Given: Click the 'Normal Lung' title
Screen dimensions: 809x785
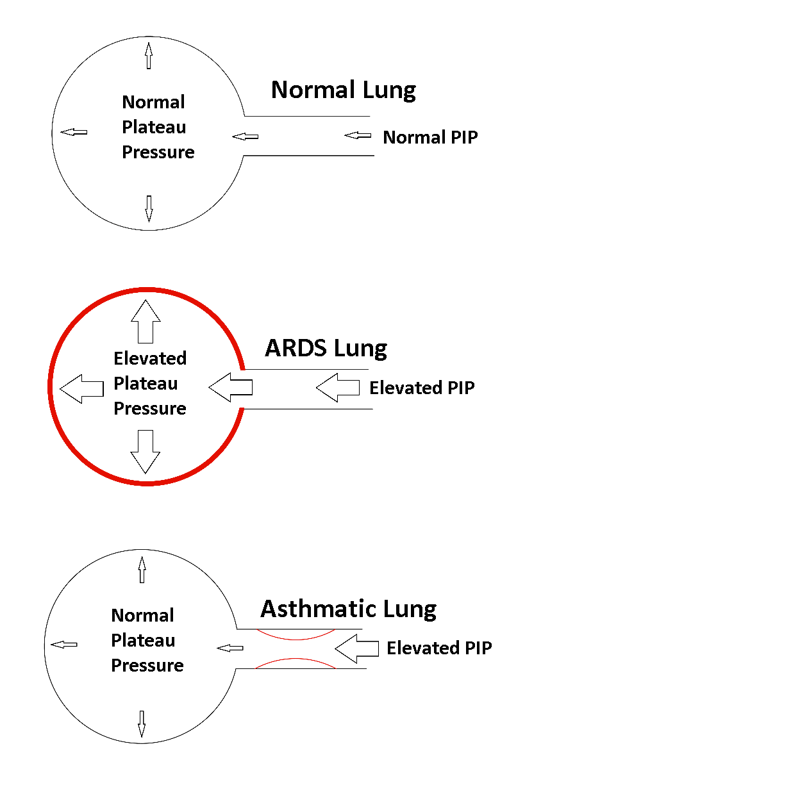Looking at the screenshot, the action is click(343, 90).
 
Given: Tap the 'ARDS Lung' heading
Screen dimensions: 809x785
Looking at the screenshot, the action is click(326, 348).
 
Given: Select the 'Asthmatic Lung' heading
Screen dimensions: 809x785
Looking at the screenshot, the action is click(348, 609).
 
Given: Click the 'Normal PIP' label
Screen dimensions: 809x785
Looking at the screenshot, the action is click(430, 137).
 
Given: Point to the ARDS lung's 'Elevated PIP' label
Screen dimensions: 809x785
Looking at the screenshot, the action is click(422, 388).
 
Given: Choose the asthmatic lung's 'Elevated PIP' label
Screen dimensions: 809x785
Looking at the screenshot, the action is click(439, 648).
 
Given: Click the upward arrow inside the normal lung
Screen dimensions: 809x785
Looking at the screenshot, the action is click(149, 55).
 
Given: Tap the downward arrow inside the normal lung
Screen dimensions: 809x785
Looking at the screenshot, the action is click(149, 209).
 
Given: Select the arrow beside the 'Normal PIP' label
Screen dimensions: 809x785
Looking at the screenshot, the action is click(358, 135).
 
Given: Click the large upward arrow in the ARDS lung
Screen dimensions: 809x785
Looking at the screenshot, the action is click(146, 322).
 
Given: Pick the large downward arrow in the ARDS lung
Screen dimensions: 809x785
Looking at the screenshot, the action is click(145, 452).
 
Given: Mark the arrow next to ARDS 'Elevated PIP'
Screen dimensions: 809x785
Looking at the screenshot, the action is click(338, 387).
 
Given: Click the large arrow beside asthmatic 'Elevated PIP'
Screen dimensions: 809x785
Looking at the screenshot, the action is click(356, 649).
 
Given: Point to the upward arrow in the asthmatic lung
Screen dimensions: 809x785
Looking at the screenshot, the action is click(142, 570).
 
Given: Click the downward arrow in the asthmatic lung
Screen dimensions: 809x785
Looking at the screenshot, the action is click(142, 724).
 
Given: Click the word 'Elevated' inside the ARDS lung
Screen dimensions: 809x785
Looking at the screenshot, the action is click(150, 358).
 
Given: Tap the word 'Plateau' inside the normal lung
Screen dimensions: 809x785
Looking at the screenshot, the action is click(154, 127).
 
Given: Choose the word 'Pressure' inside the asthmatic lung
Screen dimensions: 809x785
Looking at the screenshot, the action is click(147, 665).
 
